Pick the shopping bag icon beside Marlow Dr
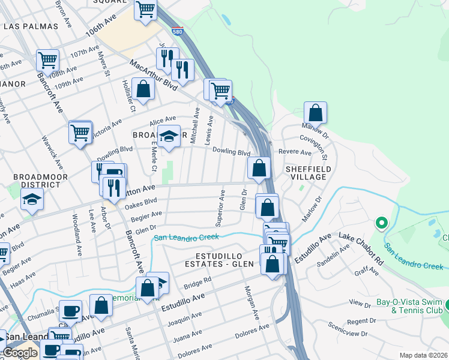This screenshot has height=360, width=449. point(315,112)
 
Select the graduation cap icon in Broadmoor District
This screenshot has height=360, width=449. point(32,200)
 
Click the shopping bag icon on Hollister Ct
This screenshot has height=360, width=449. point(143,89)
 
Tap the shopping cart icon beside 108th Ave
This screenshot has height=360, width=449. point(47,60)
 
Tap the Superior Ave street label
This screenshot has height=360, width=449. point(221,208)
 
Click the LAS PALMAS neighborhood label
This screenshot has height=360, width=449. point(31,27)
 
